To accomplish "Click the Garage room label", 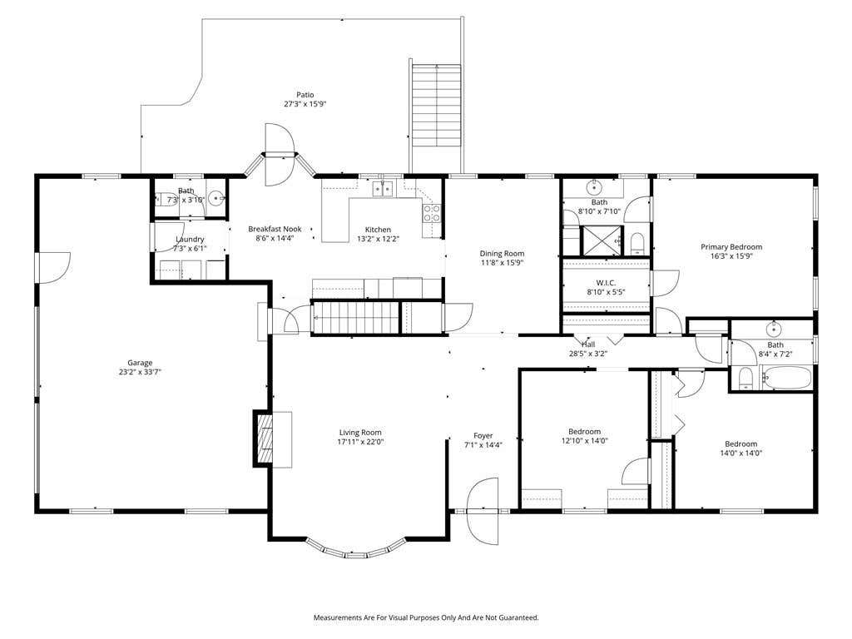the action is coord(140,363).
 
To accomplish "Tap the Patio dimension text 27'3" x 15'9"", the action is coord(305,104).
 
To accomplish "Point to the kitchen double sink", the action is coord(383,189).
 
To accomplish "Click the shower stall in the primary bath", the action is coord(602,240).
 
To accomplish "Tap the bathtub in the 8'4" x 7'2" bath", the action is coord(785,378).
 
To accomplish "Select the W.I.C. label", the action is coord(606,283).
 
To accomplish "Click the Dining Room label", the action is coord(502,253).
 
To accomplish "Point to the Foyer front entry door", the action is coord(483,511).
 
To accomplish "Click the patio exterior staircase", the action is coord(436,106).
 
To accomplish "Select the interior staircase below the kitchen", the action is coord(355,317).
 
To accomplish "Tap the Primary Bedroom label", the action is coord(731,246).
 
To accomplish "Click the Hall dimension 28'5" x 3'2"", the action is coord(588,353).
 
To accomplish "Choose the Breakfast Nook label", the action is coord(275,229).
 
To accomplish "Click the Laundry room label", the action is coord(191,239).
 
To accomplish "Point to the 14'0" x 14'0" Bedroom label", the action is coord(741,444).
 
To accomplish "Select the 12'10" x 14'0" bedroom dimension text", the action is coord(585,441).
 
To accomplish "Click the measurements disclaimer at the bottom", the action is coord(426,617).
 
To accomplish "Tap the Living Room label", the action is coord(360,433).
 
